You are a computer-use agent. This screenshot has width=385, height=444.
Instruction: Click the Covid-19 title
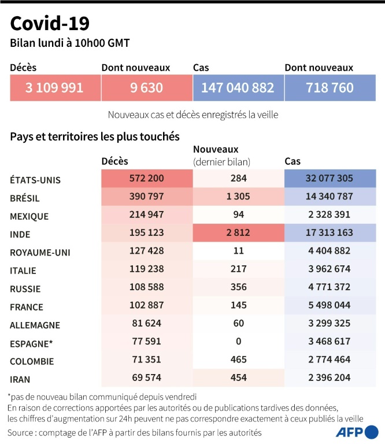[50, 23]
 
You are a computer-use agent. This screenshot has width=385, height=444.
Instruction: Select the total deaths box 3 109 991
[54, 88]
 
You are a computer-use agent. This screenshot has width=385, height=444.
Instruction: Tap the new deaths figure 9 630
[146, 88]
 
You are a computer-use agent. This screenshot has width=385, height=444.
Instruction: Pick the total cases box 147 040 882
[238, 88]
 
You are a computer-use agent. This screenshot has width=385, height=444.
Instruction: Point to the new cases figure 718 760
[330, 88]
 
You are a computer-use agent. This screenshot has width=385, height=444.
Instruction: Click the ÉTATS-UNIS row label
[35, 180]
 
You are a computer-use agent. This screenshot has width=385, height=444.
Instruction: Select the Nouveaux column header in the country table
[216, 150]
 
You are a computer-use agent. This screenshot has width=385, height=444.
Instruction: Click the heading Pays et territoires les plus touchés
[95, 137]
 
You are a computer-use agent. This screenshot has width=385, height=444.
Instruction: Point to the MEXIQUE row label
[29, 216]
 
